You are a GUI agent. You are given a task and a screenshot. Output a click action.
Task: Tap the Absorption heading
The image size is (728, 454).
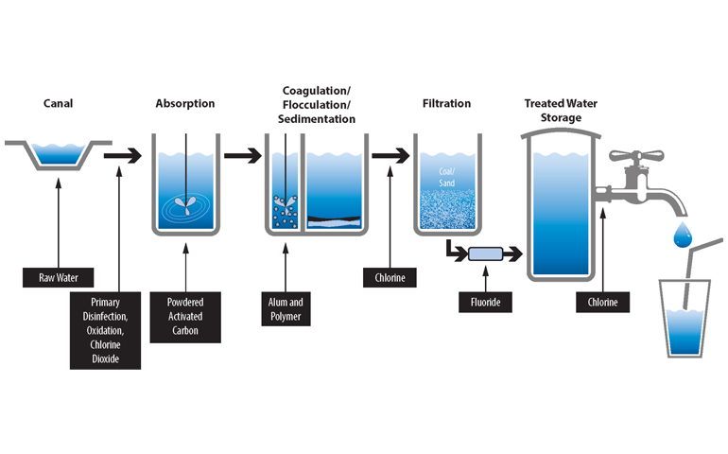(x=185, y=103)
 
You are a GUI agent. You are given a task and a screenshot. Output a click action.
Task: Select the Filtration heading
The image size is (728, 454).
(x=446, y=103)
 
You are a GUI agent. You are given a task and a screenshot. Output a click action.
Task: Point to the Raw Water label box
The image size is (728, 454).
(x=59, y=279)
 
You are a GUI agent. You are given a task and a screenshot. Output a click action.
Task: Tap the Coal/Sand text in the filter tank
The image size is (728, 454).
(x=446, y=176)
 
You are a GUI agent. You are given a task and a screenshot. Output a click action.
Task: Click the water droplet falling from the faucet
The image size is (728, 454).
(x=682, y=234)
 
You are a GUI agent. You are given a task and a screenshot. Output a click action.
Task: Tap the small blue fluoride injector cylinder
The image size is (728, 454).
(x=484, y=253)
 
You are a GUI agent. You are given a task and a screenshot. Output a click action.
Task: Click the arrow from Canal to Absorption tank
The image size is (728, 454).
(x=121, y=153)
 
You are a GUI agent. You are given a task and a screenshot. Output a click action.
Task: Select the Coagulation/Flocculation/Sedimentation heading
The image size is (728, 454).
(x=318, y=105)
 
